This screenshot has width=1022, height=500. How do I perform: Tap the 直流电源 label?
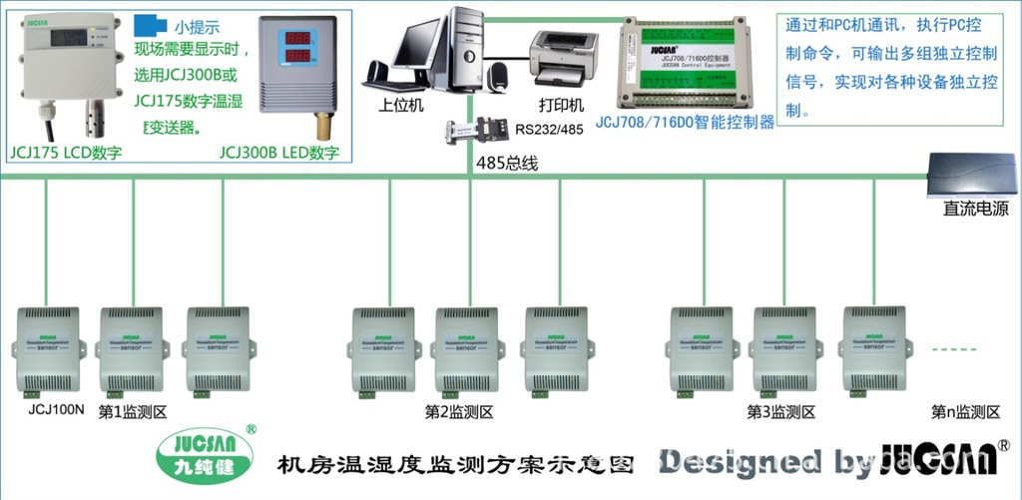click(975, 210)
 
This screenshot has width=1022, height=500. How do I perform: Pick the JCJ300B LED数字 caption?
click(279, 153)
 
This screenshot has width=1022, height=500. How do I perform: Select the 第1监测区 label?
click(132, 411)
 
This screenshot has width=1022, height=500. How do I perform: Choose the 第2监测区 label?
click(458, 411)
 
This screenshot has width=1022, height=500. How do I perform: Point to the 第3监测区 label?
click(781, 411)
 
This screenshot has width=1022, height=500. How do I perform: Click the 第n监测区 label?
click(965, 411)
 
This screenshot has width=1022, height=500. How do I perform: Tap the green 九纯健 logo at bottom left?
click(203, 457)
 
